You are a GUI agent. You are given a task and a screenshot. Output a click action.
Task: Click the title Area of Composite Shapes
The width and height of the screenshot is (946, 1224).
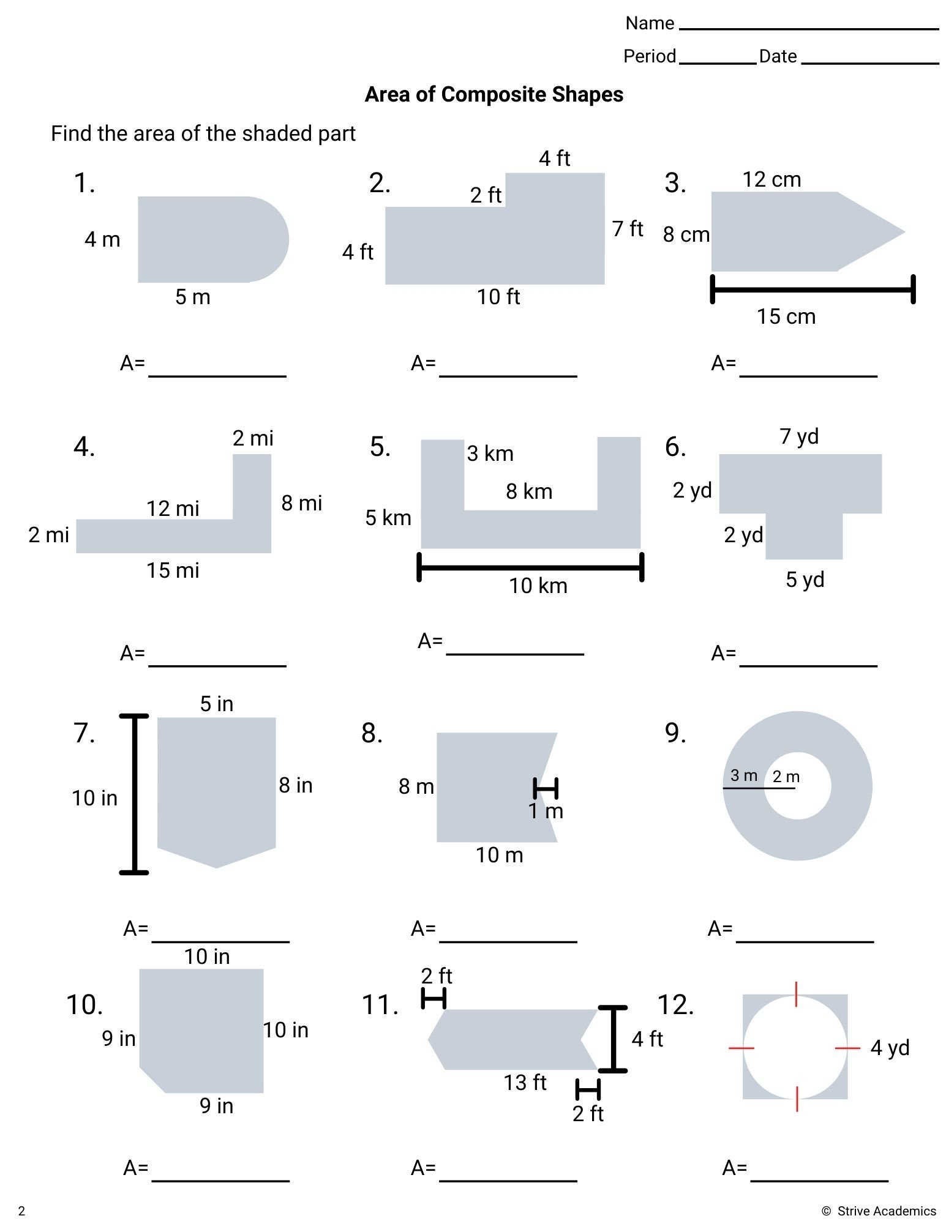coord(494,94)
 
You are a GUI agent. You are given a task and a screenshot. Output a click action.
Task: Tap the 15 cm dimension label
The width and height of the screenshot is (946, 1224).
coord(786,316)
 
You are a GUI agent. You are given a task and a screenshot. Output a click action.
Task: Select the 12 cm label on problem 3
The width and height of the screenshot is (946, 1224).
coord(771,179)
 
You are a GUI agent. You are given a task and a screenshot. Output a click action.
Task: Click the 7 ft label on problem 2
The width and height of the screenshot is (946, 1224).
coord(628,229)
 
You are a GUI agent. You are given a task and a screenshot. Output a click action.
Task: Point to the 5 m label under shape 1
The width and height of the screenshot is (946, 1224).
coord(192,297)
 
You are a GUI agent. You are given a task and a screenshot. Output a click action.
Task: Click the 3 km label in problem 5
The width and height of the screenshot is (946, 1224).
coord(490,453)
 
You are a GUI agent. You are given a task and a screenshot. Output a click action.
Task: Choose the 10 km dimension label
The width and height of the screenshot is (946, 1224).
coord(538,586)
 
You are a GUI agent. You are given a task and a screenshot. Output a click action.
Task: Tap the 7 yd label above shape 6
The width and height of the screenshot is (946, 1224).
coord(799,436)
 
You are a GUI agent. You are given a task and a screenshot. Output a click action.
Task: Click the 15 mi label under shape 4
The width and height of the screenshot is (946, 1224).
coord(173,570)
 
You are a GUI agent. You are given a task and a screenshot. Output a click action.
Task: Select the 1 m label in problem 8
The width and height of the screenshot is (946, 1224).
coord(545,811)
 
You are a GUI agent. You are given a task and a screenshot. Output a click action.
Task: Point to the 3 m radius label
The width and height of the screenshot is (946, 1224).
coord(743,775)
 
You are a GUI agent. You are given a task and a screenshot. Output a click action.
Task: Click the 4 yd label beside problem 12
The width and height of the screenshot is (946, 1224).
coord(890,1048)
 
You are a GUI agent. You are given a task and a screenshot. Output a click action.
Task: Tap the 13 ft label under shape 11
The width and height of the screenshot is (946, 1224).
coord(525,1083)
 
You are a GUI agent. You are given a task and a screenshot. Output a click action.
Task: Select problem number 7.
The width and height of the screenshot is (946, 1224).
coord(84,733)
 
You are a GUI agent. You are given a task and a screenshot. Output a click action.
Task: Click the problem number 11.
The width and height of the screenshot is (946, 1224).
coord(380,1005)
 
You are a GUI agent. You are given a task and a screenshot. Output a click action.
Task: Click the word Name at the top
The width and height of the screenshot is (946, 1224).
coord(649,23)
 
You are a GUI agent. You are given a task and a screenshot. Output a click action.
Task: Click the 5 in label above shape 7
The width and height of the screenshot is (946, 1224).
coord(216,704)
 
